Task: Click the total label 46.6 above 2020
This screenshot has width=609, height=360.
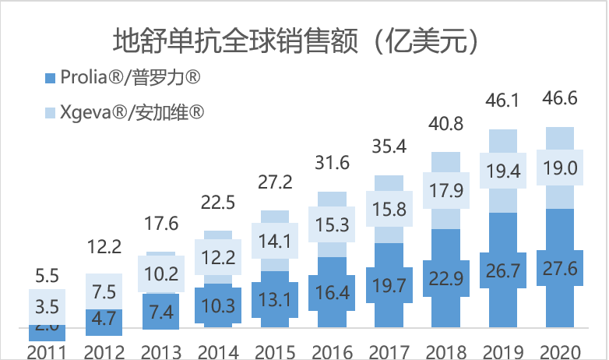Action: pos(560,102)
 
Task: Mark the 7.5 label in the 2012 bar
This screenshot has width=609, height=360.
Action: pos(106,291)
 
